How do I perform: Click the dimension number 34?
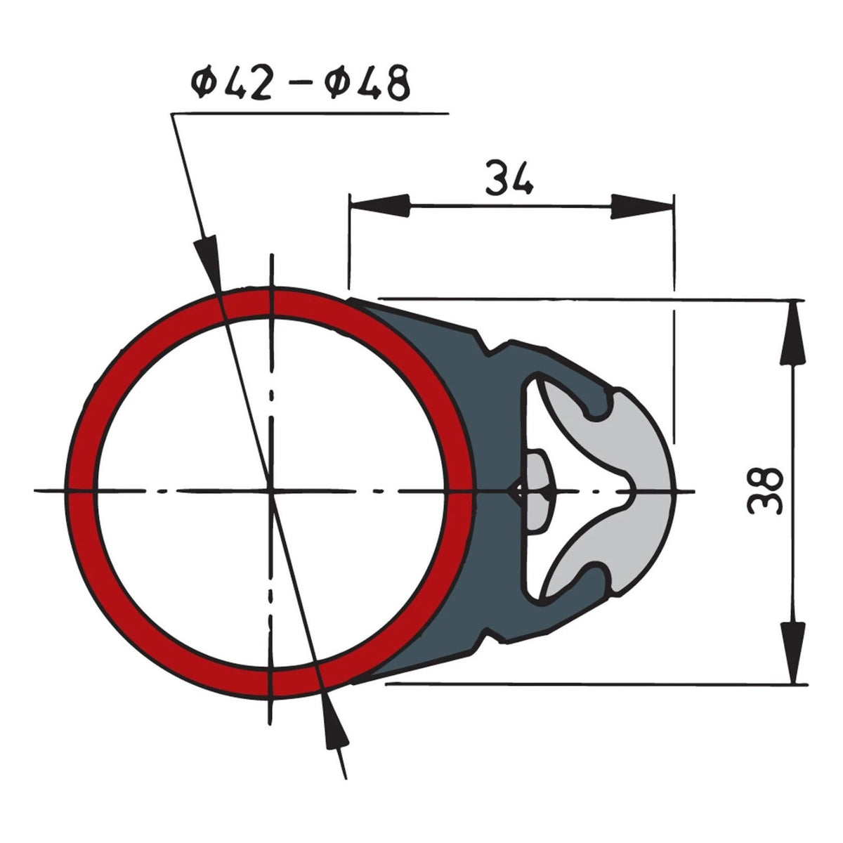(509, 178)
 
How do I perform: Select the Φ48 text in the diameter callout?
(367, 83)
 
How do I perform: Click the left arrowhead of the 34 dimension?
(380, 206)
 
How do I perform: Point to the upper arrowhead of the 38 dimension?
(792, 332)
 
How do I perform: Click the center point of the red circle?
(272, 491)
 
